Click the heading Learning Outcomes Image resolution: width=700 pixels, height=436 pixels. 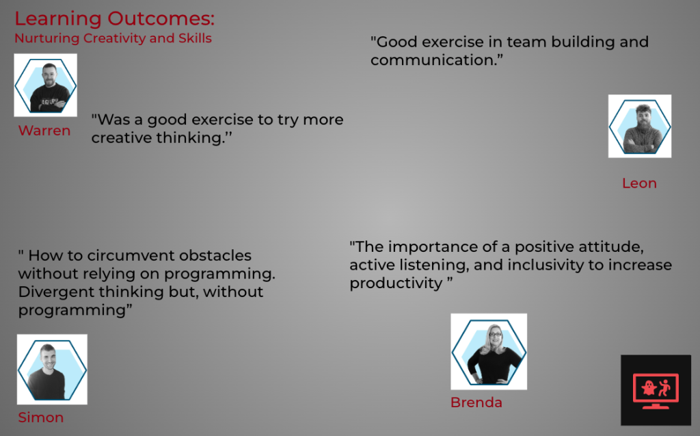click(x=115, y=19)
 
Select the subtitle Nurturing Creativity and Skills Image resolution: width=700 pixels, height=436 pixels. click(x=113, y=38)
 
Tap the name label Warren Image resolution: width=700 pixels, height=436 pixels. click(x=44, y=131)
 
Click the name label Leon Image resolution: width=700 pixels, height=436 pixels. click(x=639, y=183)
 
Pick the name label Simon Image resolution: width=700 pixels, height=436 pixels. click(x=40, y=418)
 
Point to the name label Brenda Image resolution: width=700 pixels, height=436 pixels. click(x=476, y=402)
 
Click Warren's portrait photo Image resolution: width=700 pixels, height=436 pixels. click(x=46, y=85)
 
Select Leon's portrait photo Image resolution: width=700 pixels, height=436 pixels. click(x=640, y=126)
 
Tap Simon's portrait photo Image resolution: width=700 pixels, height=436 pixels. click(x=52, y=370)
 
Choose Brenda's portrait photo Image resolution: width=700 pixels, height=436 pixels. click(x=489, y=352)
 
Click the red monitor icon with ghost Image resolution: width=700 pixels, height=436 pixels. click(x=656, y=390)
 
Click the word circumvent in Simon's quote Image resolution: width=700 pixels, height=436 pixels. click(x=133, y=255)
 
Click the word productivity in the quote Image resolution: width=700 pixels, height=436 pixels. click(x=396, y=283)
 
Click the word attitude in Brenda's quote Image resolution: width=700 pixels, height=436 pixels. click(x=612, y=247)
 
